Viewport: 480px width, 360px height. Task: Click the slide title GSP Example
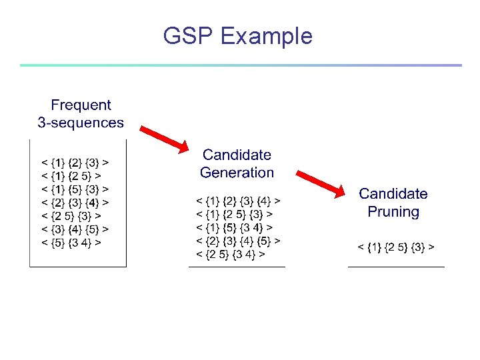[237, 36]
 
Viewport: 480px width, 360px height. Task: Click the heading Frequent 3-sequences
[81, 113]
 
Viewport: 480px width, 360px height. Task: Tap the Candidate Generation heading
[237, 163]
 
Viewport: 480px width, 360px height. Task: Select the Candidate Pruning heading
[393, 203]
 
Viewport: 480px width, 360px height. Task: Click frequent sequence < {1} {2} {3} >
[76, 162]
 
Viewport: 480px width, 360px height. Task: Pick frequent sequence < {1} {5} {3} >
[76, 189]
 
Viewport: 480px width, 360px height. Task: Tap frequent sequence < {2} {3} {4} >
[76, 202]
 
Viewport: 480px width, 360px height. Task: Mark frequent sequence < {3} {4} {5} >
[76, 229]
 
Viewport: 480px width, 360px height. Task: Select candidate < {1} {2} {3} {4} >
[238, 200]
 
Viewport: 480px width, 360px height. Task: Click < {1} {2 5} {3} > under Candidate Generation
[234, 214]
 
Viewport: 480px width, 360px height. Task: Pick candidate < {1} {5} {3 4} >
[234, 227]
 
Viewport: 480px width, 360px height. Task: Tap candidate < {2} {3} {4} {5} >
[238, 241]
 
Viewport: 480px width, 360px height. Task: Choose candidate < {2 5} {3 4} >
[230, 254]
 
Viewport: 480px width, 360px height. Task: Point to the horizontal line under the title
[240, 65]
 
